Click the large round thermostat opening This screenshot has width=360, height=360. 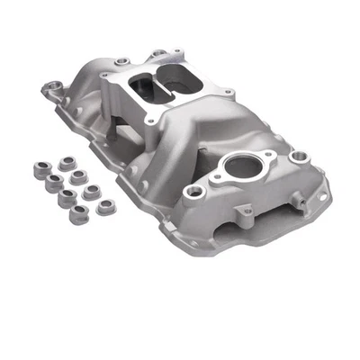point(240,167)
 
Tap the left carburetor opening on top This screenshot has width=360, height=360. point(146,85)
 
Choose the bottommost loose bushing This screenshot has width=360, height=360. point(78,214)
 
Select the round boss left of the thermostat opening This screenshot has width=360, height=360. point(191,192)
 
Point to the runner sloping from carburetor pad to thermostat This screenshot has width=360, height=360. point(202,130)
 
